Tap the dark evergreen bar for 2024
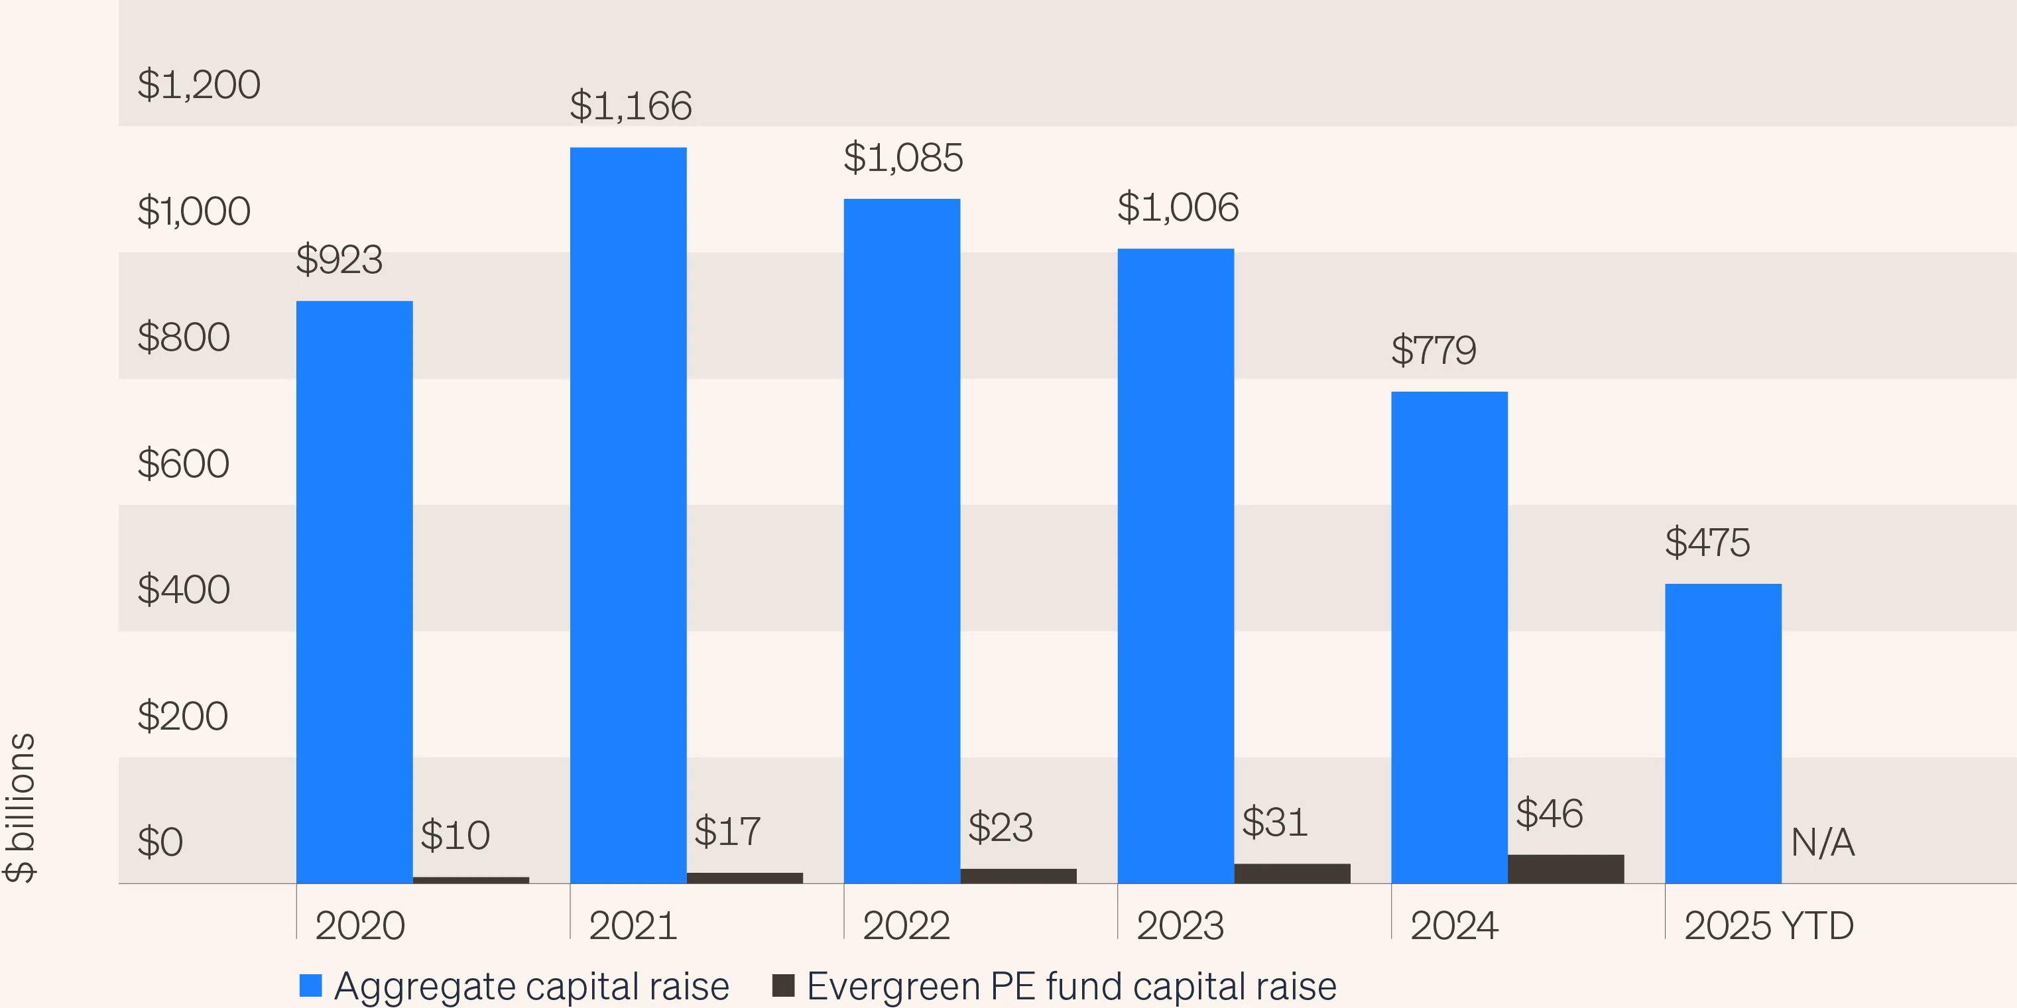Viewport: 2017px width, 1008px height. click(x=1565, y=869)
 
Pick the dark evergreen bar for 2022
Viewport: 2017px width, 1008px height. click(x=1018, y=875)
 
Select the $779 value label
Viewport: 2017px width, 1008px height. click(x=1433, y=350)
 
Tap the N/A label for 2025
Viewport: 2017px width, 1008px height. click(x=1822, y=843)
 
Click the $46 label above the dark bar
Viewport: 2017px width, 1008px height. click(x=1549, y=813)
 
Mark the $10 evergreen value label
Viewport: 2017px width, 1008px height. click(x=455, y=835)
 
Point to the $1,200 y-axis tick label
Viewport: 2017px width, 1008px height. click(x=198, y=85)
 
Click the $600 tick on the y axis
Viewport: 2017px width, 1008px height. click(x=183, y=463)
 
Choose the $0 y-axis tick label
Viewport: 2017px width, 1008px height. click(x=160, y=842)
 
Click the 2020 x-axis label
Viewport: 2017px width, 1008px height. click(x=359, y=926)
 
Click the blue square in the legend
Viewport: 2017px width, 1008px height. click(x=311, y=985)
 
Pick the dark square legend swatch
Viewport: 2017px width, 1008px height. click(x=783, y=985)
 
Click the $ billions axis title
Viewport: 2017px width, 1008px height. click(x=21, y=808)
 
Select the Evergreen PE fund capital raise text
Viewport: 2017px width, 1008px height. click(x=1071, y=985)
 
